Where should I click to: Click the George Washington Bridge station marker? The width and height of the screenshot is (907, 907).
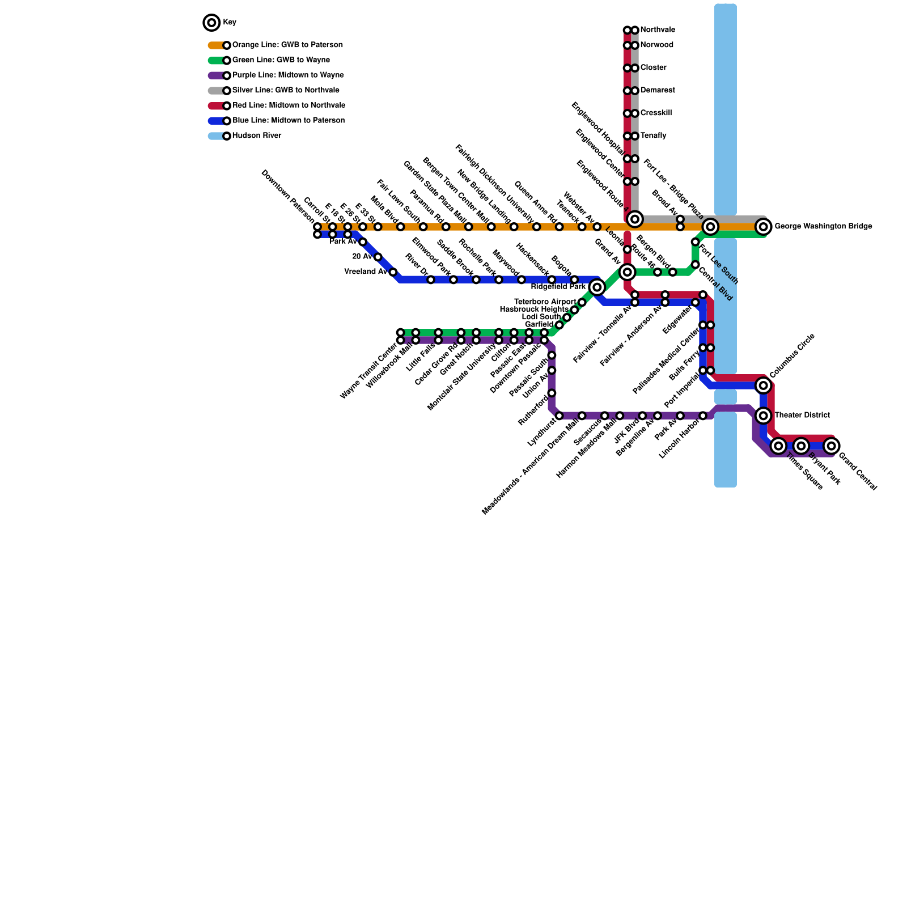coord(764,227)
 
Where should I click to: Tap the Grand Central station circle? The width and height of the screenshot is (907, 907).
coord(831,446)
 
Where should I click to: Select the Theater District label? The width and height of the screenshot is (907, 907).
coord(802,416)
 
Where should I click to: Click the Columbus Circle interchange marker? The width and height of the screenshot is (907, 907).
coord(764,385)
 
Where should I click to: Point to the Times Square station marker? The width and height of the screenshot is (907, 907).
coord(779,446)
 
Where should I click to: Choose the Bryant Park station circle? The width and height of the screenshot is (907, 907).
coord(800,446)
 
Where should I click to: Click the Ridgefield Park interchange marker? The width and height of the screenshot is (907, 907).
coord(596,287)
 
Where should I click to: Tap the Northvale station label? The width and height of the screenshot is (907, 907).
coord(658,30)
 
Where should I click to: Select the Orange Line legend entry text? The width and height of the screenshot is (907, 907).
coord(287,45)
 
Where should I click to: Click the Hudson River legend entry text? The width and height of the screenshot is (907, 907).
coord(257,136)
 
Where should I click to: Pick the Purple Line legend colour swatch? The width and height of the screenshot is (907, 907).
coord(216,75)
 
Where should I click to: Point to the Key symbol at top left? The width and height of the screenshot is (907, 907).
coord(211,23)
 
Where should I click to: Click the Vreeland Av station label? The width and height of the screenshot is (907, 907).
coord(366,272)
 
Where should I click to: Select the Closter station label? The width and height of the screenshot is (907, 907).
coord(654,68)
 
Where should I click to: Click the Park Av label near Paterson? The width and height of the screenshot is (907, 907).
coord(342,242)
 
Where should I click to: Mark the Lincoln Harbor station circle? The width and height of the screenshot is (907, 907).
coord(703,416)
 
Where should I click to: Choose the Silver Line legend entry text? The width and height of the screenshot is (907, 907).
coord(286,91)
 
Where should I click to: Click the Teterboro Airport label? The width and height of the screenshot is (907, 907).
coord(545,302)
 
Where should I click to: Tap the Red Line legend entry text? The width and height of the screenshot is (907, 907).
coord(289,105)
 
